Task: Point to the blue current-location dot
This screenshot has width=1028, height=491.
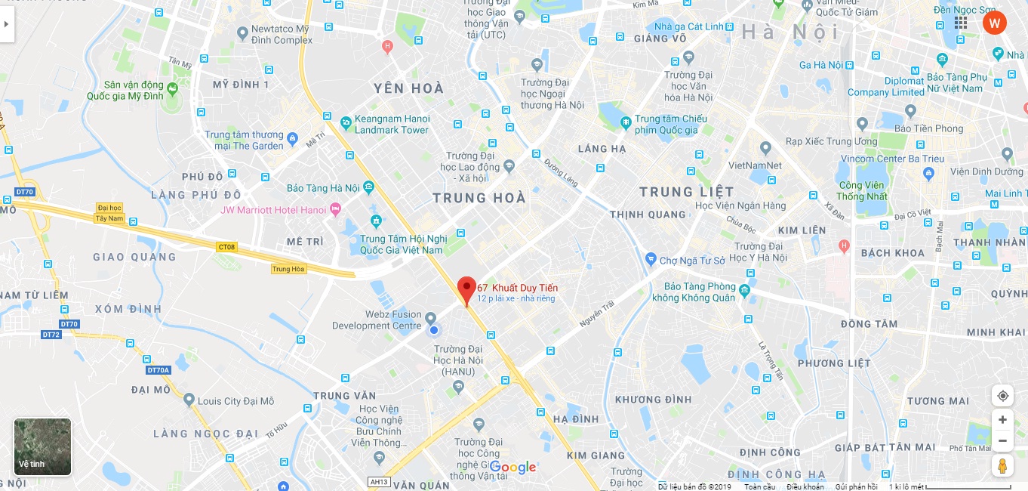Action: pos(434,330)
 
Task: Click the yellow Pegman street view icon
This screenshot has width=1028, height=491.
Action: pos(1002,465)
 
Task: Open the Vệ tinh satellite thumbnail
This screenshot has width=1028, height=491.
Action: pos(43,447)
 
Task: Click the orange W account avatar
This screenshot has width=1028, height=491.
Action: pos(995,23)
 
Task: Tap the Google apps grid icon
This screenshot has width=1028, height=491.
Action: pos(961,23)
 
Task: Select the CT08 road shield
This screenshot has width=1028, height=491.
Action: pos(226,247)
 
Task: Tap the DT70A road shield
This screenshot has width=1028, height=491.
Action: pos(159,370)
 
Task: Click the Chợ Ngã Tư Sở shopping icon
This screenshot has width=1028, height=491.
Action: pos(651,260)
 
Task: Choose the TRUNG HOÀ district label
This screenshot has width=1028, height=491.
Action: pos(479,198)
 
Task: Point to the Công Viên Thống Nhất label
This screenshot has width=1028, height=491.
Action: pos(863,191)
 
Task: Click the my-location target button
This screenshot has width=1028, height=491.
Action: pos(1002,396)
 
